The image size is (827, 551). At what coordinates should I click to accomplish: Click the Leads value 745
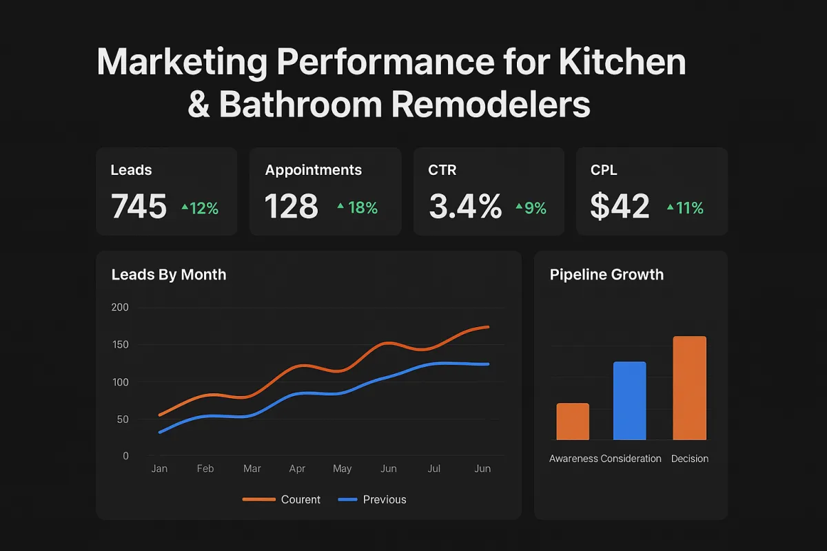[139, 206]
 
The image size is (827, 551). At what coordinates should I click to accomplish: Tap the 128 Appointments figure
[292, 206]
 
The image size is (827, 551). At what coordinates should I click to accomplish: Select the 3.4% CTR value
[465, 206]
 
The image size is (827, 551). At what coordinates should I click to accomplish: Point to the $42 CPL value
[620, 206]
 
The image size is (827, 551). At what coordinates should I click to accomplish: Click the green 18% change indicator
[358, 207]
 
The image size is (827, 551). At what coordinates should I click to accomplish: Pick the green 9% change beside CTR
[531, 207]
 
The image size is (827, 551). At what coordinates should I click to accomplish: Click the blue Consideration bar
[629, 400]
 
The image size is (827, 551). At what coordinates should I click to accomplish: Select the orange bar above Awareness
[573, 421]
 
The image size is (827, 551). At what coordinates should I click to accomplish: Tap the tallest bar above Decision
[689, 388]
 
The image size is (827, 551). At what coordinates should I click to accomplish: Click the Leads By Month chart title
[169, 274]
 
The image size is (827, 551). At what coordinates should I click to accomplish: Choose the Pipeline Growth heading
[606, 274]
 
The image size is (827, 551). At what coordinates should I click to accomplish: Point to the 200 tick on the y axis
[120, 307]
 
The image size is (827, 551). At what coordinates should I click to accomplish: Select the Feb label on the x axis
[205, 468]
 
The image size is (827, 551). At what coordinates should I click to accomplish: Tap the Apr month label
[297, 468]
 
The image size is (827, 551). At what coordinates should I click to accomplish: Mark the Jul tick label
[434, 468]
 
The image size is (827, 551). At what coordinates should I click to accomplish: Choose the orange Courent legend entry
[283, 499]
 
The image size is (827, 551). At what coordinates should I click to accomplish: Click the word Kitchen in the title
[622, 62]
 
